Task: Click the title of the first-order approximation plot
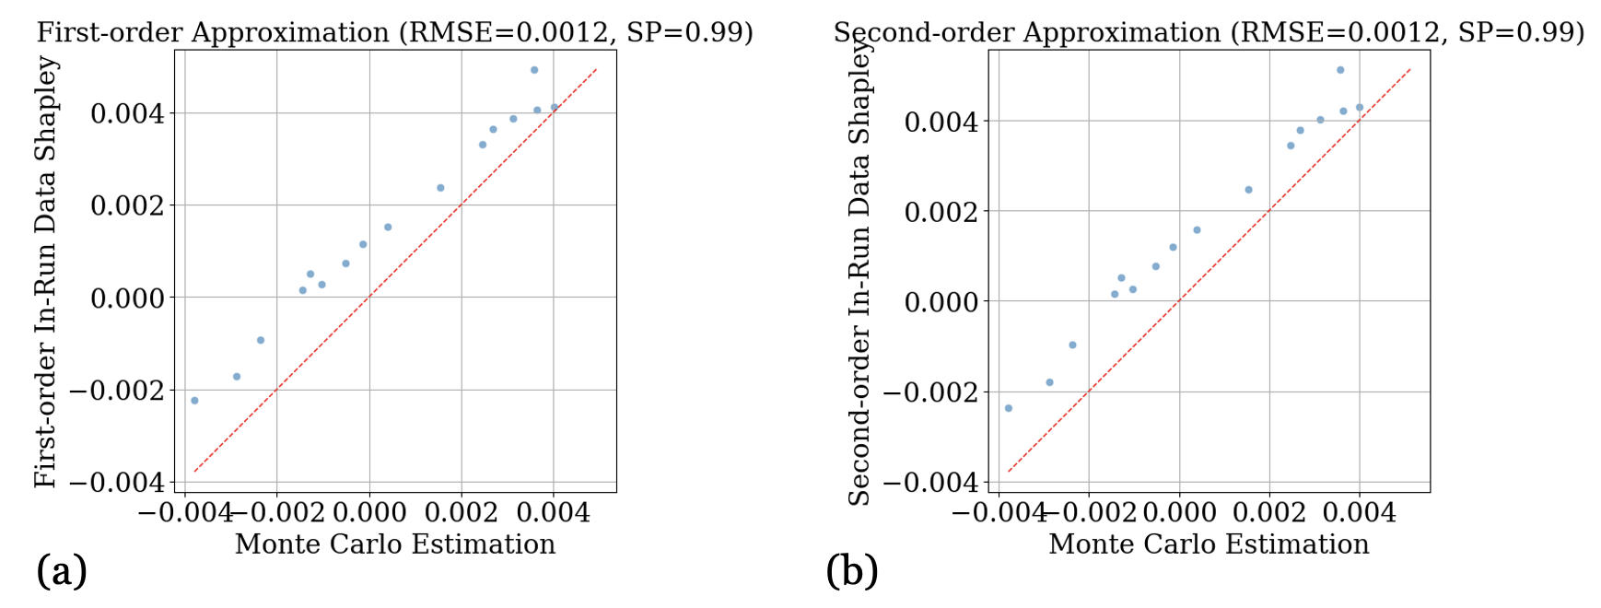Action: [394, 32]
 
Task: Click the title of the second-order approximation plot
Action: [1209, 32]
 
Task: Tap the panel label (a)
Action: [62, 571]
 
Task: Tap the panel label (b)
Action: [852, 571]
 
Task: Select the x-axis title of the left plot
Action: [395, 544]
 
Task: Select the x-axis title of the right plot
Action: [1209, 544]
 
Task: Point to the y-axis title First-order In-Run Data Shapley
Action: [46, 272]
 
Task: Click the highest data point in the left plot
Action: [534, 70]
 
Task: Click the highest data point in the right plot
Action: [1340, 70]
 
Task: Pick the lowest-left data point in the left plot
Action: [194, 401]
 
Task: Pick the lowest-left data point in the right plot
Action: [1009, 408]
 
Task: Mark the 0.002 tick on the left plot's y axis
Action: [127, 205]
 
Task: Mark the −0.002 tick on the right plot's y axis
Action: [930, 392]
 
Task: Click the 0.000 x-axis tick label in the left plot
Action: [369, 512]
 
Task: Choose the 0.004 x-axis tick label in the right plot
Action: [1361, 512]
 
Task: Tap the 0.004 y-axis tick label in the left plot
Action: [127, 113]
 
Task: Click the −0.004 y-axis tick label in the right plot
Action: [930, 482]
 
